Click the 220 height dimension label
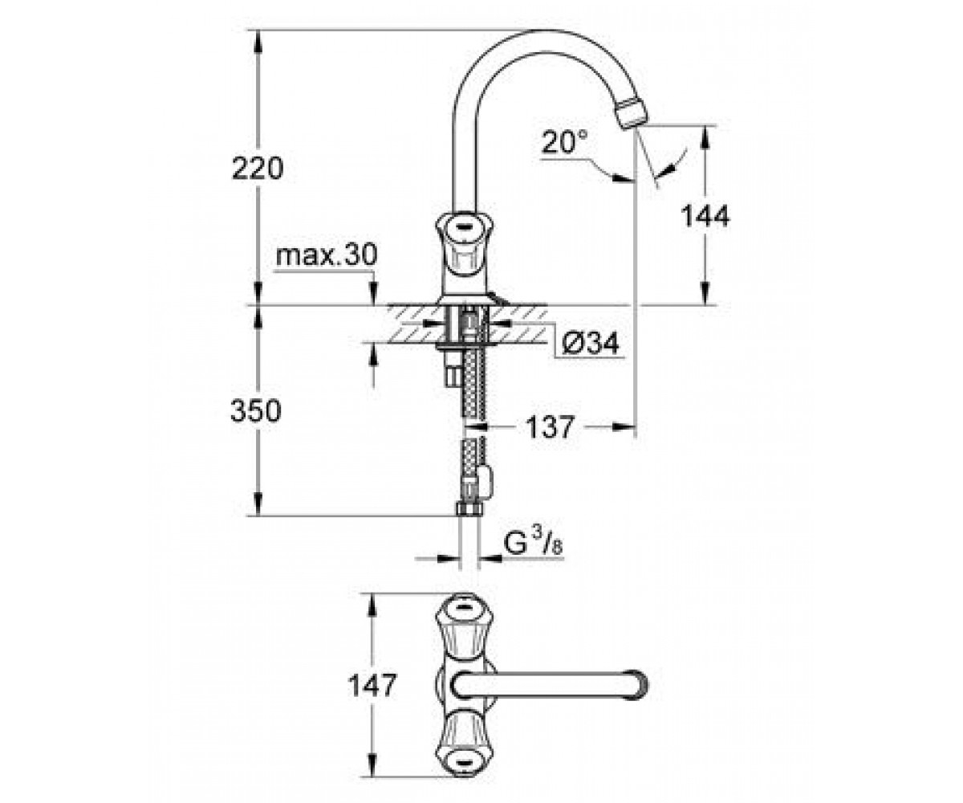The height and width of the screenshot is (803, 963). point(258,169)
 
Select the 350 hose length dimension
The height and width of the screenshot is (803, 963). point(255,410)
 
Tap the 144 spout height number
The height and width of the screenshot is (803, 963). point(705,215)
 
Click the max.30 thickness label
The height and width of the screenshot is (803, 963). point(326,255)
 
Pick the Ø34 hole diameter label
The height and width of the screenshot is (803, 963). point(591,343)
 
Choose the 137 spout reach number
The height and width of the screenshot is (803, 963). point(551,427)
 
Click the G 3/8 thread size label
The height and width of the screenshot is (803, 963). point(533,544)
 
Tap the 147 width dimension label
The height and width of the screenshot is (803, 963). point(372,685)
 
